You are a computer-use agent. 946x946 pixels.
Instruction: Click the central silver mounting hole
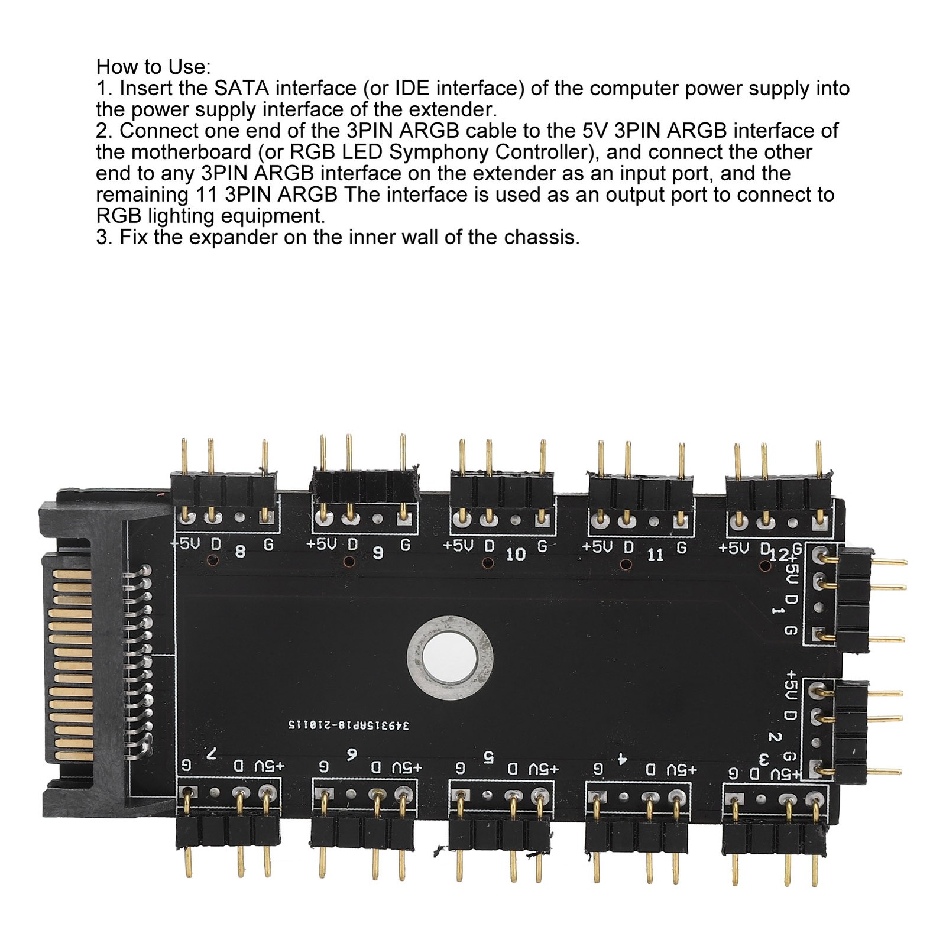(x=450, y=656)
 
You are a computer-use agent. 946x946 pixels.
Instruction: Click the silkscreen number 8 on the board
(x=240, y=552)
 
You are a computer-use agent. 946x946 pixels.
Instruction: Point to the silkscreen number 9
(x=377, y=553)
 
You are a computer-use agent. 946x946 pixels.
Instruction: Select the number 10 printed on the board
(x=516, y=554)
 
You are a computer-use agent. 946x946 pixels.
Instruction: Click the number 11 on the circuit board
(x=655, y=555)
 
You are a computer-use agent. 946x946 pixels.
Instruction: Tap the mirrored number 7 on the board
(x=211, y=753)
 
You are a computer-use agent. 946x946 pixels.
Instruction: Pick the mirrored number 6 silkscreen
(x=352, y=754)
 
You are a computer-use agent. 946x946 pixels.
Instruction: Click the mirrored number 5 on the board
(x=488, y=756)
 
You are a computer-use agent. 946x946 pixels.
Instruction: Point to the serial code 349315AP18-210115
(x=349, y=724)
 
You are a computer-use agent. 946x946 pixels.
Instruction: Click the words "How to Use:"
(x=153, y=66)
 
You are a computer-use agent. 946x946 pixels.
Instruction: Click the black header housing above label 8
(x=223, y=488)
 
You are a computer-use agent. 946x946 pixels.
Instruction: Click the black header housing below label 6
(x=362, y=831)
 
